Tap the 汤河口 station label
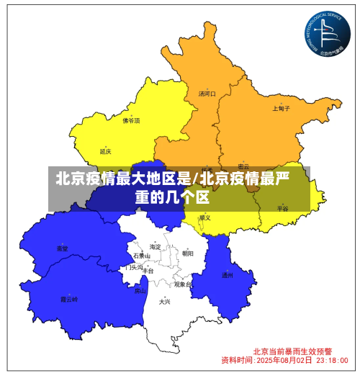(x=207, y=94)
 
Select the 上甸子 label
(x=282, y=109)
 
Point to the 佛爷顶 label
(x=131, y=121)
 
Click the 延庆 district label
(x=106, y=151)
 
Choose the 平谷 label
(x=283, y=208)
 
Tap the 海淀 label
(x=156, y=246)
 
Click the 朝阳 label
(x=188, y=253)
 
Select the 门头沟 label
(x=134, y=267)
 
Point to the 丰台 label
(x=148, y=271)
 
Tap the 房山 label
(x=140, y=291)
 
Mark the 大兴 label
(x=166, y=302)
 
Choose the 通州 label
(x=228, y=274)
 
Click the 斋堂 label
(x=63, y=248)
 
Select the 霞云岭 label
(x=69, y=298)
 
